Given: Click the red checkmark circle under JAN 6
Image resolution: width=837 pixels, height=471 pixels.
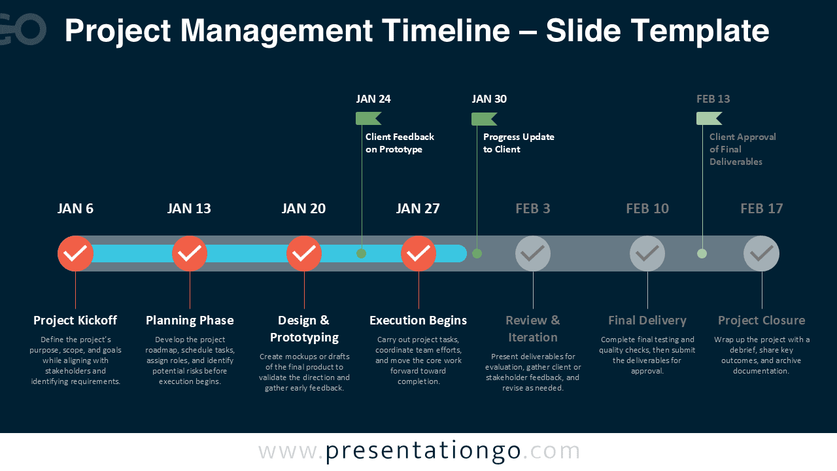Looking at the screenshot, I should coord(75,253).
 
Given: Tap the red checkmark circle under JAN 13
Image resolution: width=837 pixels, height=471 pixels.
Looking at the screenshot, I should coord(190,253).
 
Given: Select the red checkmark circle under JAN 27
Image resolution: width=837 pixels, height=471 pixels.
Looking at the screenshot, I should coord(418,253).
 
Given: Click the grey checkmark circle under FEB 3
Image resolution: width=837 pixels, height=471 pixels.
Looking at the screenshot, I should coord(533,253).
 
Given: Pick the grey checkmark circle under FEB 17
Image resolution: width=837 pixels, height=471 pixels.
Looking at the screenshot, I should coord(762,253).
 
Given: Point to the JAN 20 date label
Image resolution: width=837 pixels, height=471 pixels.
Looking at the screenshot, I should coord(303,209).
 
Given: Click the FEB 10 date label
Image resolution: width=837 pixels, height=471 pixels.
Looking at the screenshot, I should coord(647,209).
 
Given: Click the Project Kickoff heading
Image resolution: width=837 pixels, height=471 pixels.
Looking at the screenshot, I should coord(75,320).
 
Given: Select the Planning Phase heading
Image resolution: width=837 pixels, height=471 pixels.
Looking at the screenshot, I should coord(190,320).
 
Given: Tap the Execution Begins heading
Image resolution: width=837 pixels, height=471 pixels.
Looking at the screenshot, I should coord(418,320).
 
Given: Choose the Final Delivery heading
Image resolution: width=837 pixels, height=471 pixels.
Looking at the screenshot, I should coord(647,320).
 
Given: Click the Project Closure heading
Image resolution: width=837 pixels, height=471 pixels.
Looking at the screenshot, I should coord(762,320).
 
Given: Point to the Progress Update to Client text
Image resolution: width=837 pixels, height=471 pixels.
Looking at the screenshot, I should coord(519,143).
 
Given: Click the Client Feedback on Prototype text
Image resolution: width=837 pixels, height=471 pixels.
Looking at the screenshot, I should coord(400,143).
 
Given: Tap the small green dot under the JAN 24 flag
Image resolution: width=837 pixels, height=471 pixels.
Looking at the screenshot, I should coord(361,253).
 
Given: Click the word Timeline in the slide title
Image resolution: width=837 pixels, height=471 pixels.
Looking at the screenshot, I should coord(458,31).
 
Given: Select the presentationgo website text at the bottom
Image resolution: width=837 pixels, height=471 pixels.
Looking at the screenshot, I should coord(419,451).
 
